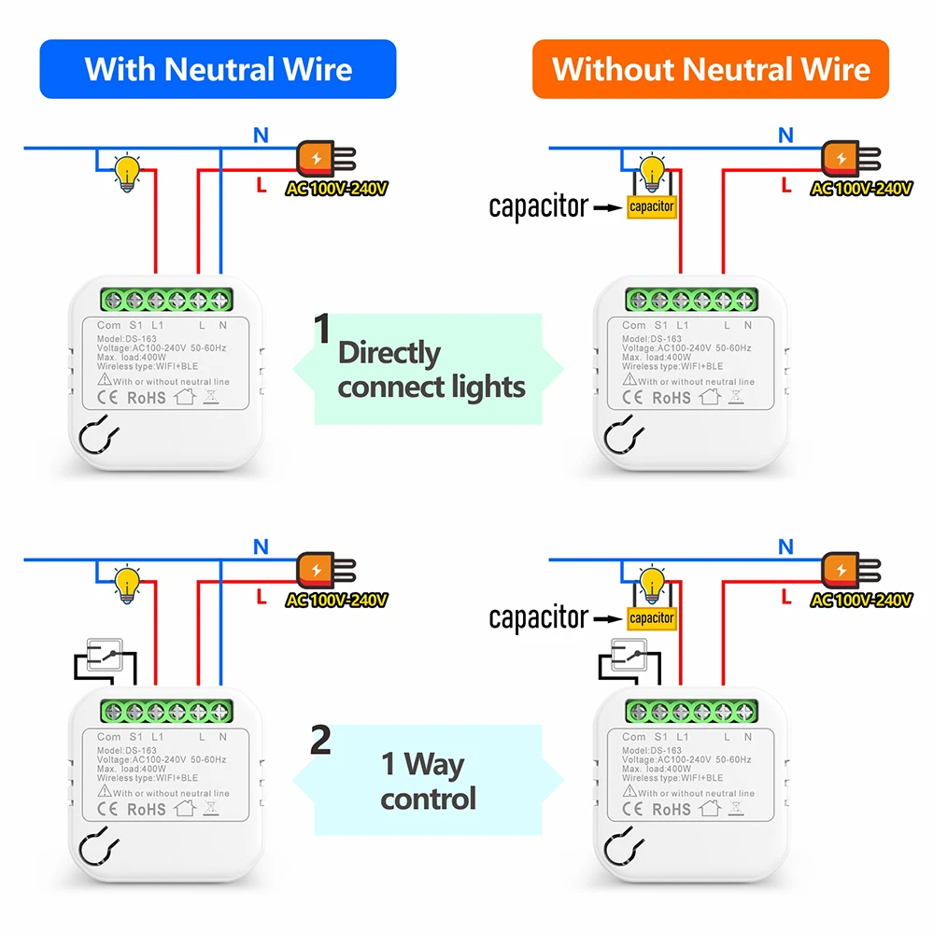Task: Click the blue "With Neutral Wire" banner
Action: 218,69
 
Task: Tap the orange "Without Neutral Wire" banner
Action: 711,69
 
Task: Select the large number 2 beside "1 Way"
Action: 320,740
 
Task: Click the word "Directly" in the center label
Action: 389,353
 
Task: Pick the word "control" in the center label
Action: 429,799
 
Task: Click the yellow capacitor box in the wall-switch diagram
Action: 652,618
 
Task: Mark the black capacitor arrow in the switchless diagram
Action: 608,208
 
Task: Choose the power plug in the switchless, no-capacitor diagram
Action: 326,159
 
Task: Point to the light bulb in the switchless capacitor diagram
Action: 652,172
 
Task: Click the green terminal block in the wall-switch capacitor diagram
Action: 691,711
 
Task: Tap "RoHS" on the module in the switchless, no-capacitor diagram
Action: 147,398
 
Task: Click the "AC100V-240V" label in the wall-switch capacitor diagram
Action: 861,600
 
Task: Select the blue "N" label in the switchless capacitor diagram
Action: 785,135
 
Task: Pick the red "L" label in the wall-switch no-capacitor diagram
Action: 261,596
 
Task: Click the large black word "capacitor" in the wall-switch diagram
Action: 539,617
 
